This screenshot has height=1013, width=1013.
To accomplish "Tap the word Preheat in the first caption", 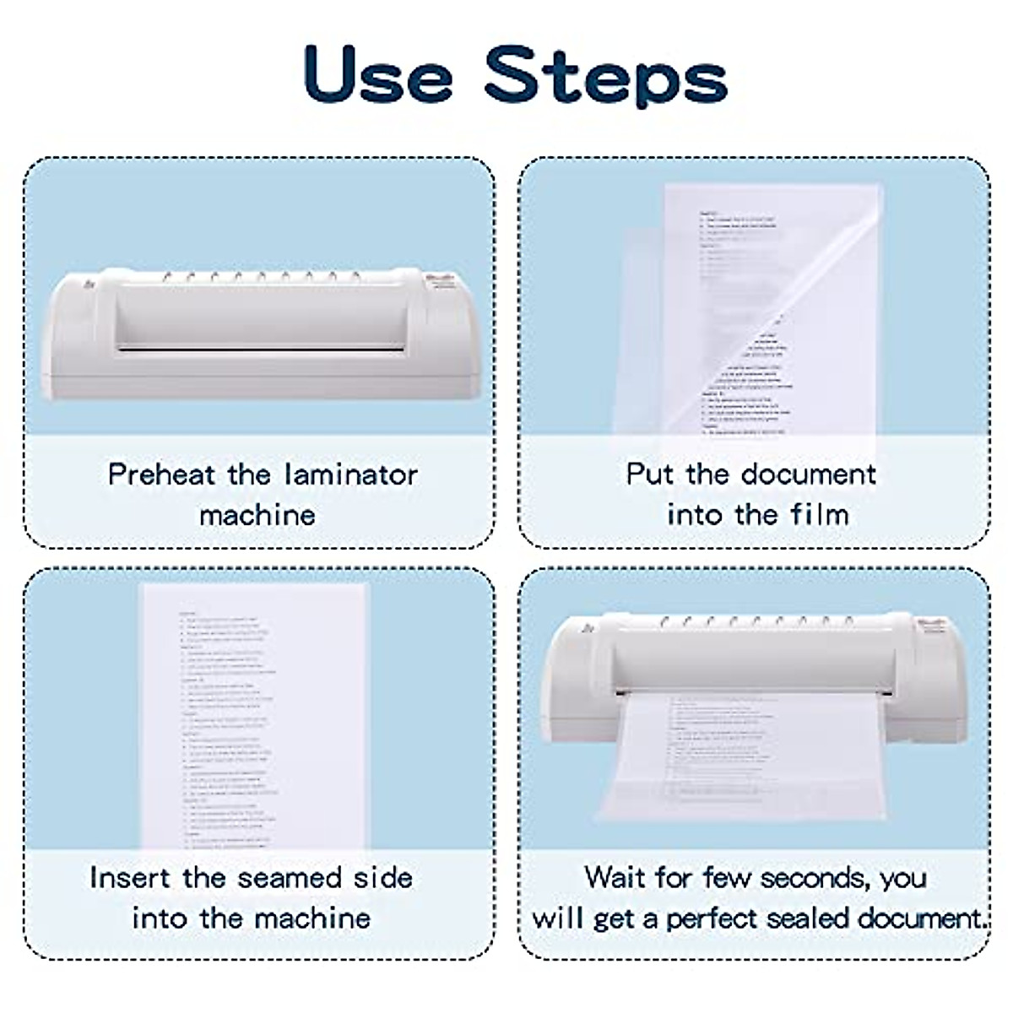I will [x=161, y=474].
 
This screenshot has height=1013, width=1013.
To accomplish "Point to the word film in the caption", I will [x=820, y=514].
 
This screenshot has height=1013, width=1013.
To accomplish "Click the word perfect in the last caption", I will [x=724, y=918].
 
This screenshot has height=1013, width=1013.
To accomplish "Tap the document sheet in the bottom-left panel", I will [x=253, y=718].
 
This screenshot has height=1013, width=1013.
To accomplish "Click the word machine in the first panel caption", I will [x=257, y=514].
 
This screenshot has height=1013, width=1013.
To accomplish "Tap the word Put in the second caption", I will [x=649, y=474].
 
